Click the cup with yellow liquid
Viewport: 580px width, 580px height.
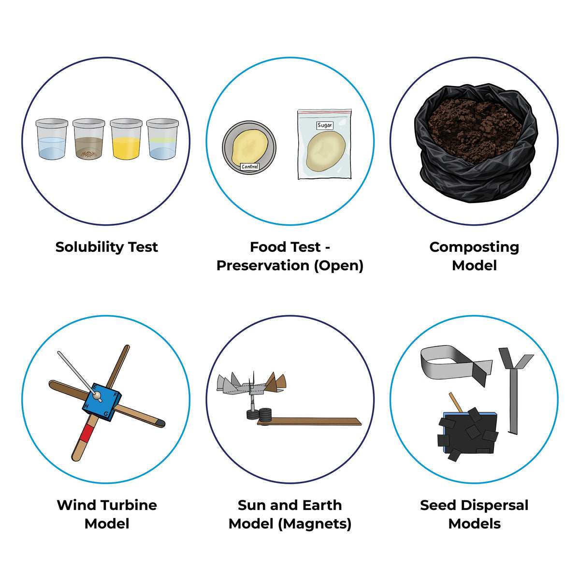pos(126,139)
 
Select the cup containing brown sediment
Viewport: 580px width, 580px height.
pos(89,139)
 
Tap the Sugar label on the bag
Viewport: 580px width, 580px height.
pos(324,125)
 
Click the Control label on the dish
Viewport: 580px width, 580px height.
pos(249,166)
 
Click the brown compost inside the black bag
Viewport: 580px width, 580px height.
pos(475,131)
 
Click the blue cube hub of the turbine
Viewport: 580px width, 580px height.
pos(101,402)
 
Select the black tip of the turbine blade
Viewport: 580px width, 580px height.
pos(161,423)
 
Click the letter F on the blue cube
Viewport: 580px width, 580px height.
pos(115,394)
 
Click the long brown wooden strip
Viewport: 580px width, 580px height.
pos(309,421)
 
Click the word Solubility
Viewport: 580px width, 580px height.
pos(89,247)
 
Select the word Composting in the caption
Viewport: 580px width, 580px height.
pos(474,247)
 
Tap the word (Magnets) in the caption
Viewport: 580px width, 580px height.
pos(315,524)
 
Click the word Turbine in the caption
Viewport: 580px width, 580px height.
pos(130,505)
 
